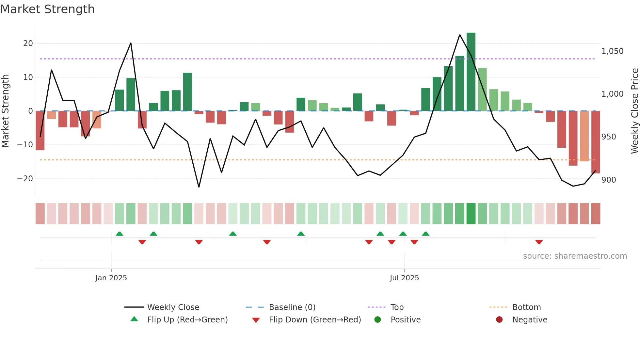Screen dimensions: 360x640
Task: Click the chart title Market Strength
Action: tap(47, 9)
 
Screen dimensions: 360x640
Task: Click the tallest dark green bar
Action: tap(471, 72)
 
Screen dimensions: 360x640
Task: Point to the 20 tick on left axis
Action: tap(28, 43)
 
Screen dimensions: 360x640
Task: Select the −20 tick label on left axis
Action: tap(25, 179)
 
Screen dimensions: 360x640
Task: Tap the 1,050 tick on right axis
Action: tap(612, 51)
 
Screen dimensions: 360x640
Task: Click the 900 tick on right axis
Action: tap(609, 180)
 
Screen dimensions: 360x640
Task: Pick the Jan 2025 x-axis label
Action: tap(111, 278)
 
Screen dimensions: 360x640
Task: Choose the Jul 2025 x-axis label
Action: tap(404, 278)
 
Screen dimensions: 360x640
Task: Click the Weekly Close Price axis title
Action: tap(634, 111)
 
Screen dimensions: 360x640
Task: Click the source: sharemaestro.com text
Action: tap(575, 256)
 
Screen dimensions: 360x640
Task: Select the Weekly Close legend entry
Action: tap(173, 307)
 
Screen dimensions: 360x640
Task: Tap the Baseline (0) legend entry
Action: tap(292, 307)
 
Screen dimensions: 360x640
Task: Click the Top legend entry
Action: tap(397, 307)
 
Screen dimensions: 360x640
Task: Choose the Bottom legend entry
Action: tap(526, 307)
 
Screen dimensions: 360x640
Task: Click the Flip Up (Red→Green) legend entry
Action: tap(187, 320)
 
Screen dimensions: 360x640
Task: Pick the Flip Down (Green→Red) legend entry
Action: tap(315, 320)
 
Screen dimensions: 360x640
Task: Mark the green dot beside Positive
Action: tap(378, 320)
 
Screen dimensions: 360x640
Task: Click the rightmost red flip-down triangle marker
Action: tap(539, 242)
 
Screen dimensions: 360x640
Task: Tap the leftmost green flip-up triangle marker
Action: tap(120, 234)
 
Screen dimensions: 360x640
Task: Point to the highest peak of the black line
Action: tap(460, 35)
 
